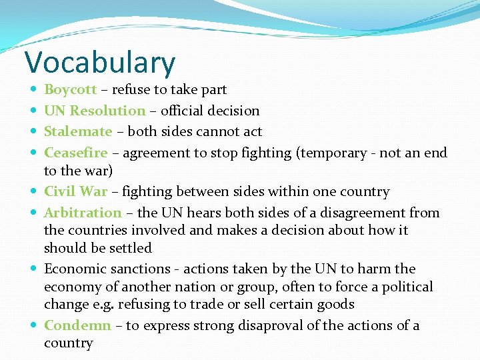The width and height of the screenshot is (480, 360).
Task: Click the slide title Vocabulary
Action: point(100,62)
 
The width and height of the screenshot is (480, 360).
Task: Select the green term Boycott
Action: point(70,89)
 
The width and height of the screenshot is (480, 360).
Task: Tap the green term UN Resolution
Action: point(95,111)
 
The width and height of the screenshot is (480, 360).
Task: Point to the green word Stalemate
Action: point(78,131)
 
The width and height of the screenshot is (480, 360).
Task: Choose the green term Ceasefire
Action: point(75,153)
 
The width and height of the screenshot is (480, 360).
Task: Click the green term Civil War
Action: point(75,191)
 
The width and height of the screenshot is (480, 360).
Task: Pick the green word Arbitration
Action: point(83,213)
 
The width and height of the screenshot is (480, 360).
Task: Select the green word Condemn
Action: point(77,325)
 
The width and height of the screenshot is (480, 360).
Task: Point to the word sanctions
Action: point(139,269)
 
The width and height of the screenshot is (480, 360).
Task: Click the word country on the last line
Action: point(68,343)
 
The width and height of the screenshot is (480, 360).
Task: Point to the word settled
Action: point(131,248)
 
